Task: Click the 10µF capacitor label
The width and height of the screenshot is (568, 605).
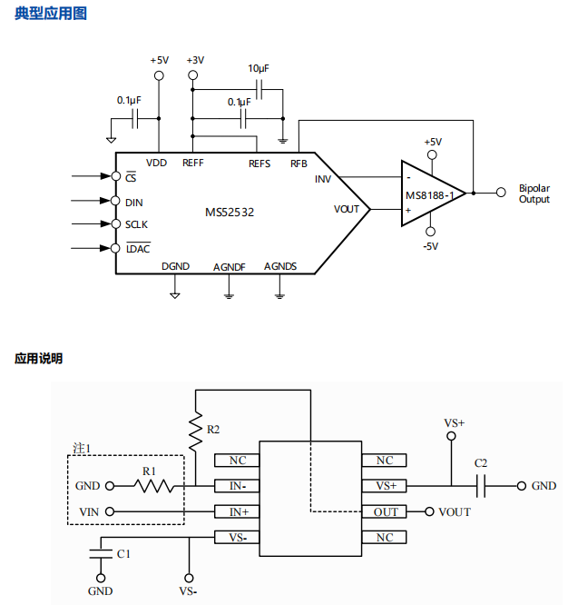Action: click(x=259, y=69)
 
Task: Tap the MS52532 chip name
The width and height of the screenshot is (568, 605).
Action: click(x=230, y=213)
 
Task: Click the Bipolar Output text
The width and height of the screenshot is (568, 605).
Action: click(x=534, y=193)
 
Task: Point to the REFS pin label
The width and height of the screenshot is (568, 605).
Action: click(x=260, y=164)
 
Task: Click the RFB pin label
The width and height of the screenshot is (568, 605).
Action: click(x=299, y=164)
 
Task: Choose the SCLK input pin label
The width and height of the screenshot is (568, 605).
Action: click(x=136, y=224)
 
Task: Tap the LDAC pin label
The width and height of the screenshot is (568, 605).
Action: click(x=138, y=249)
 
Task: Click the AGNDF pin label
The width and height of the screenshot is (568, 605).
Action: click(x=230, y=267)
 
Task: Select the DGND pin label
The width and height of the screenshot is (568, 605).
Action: click(x=175, y=266)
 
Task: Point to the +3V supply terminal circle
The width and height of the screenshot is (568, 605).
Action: click(x=192, y=75)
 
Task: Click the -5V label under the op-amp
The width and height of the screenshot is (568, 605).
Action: click(x=430, y=246)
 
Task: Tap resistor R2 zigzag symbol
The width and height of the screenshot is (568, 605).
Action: click(x=196, y=431)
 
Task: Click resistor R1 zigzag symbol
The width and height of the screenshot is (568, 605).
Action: click(x=154, y=486)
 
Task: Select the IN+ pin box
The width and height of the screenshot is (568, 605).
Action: click(x=237, y=512)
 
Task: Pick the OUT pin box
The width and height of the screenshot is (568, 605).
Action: click(x=384, y=512)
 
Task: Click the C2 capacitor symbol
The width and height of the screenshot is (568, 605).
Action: click(x=481, y=486)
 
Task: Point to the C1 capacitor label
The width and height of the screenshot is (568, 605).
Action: click(x=123, y=554)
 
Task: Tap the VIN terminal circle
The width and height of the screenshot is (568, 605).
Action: click(x=110, y=511)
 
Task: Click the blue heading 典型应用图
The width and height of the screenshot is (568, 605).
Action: click(x=51, y=14)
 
